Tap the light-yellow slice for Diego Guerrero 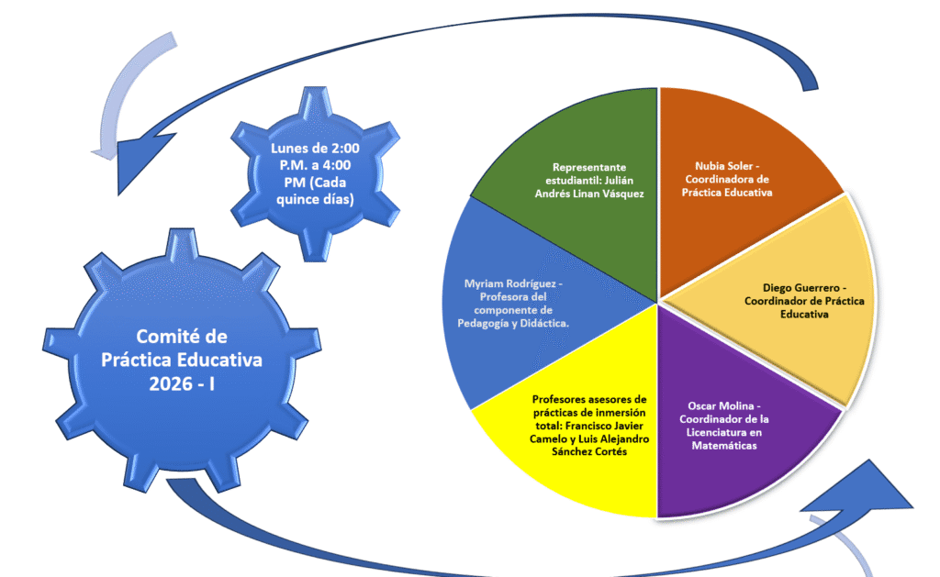[789, 294]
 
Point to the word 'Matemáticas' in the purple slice [724, 446]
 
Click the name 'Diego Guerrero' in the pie [804, 287]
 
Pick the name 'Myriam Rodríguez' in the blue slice [513, 283]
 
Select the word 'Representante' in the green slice [589, 167]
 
